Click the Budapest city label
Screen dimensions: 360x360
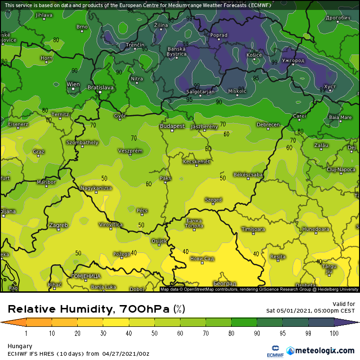tap(172, 126)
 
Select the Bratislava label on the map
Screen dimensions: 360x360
tap(100, 88)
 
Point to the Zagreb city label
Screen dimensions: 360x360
tap(59, 225)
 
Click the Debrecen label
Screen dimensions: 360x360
tap(268, 125)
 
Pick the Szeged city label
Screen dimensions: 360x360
tap(213, 200)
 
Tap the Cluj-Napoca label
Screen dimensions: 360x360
tap(341, 169)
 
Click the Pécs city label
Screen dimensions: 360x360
tap(142, 210)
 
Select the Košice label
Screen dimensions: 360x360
tap(254, 55)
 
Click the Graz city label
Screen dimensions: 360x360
tap(39, 152)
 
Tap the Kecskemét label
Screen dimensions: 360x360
tap(196, 162)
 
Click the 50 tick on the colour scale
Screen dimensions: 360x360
tap(154, 333)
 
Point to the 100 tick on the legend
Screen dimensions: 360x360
tap(334, 333)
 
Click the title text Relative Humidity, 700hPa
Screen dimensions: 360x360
tap(90, 309)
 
